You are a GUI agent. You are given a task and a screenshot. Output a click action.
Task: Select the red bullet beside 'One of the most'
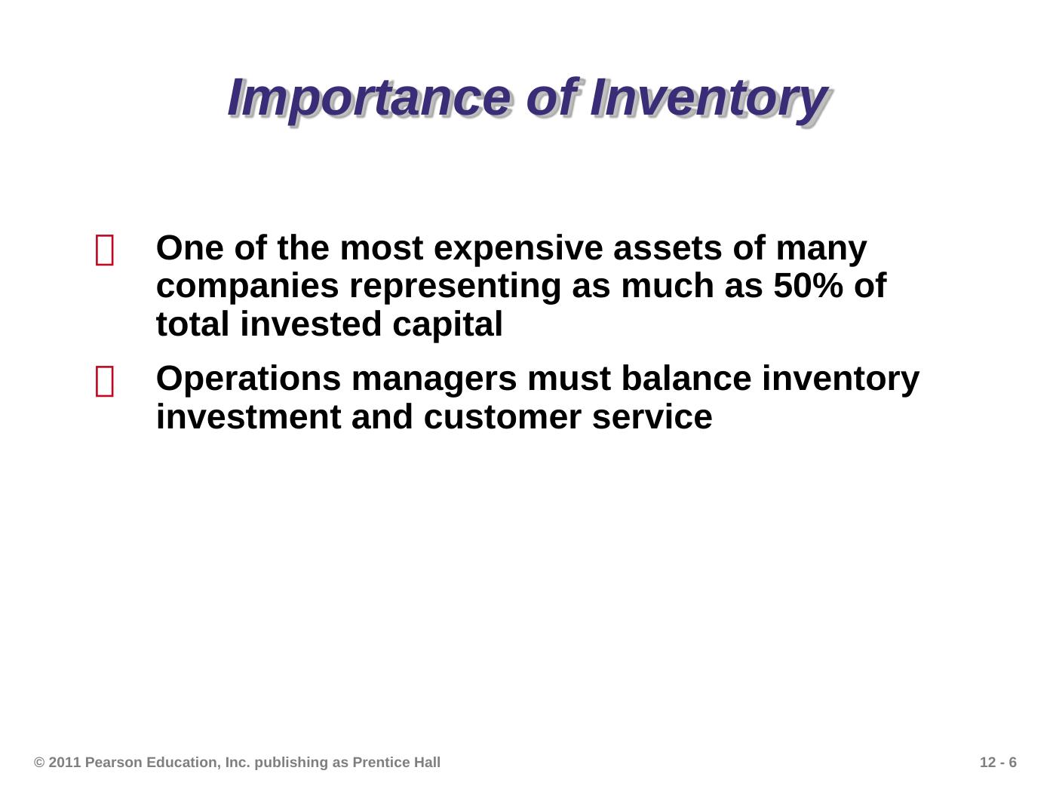(105, 250)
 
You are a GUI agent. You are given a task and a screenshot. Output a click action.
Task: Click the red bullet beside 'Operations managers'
(105, 382)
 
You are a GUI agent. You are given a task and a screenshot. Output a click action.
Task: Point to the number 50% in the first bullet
(809, 286)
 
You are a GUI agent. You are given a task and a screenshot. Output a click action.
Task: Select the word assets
(668, 249)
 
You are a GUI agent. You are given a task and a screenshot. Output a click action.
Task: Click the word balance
(686, 379)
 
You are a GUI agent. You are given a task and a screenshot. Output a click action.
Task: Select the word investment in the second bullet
(248, 417)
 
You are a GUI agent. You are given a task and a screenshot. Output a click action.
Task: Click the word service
(652, 417)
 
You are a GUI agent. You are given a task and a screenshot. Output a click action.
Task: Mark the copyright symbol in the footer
(39, 762)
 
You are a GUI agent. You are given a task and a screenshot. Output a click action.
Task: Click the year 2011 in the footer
(64, 762)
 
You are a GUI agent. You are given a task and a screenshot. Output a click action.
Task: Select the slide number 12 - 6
(998, 762)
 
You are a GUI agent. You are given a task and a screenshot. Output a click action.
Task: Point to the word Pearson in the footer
(114, 762)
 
